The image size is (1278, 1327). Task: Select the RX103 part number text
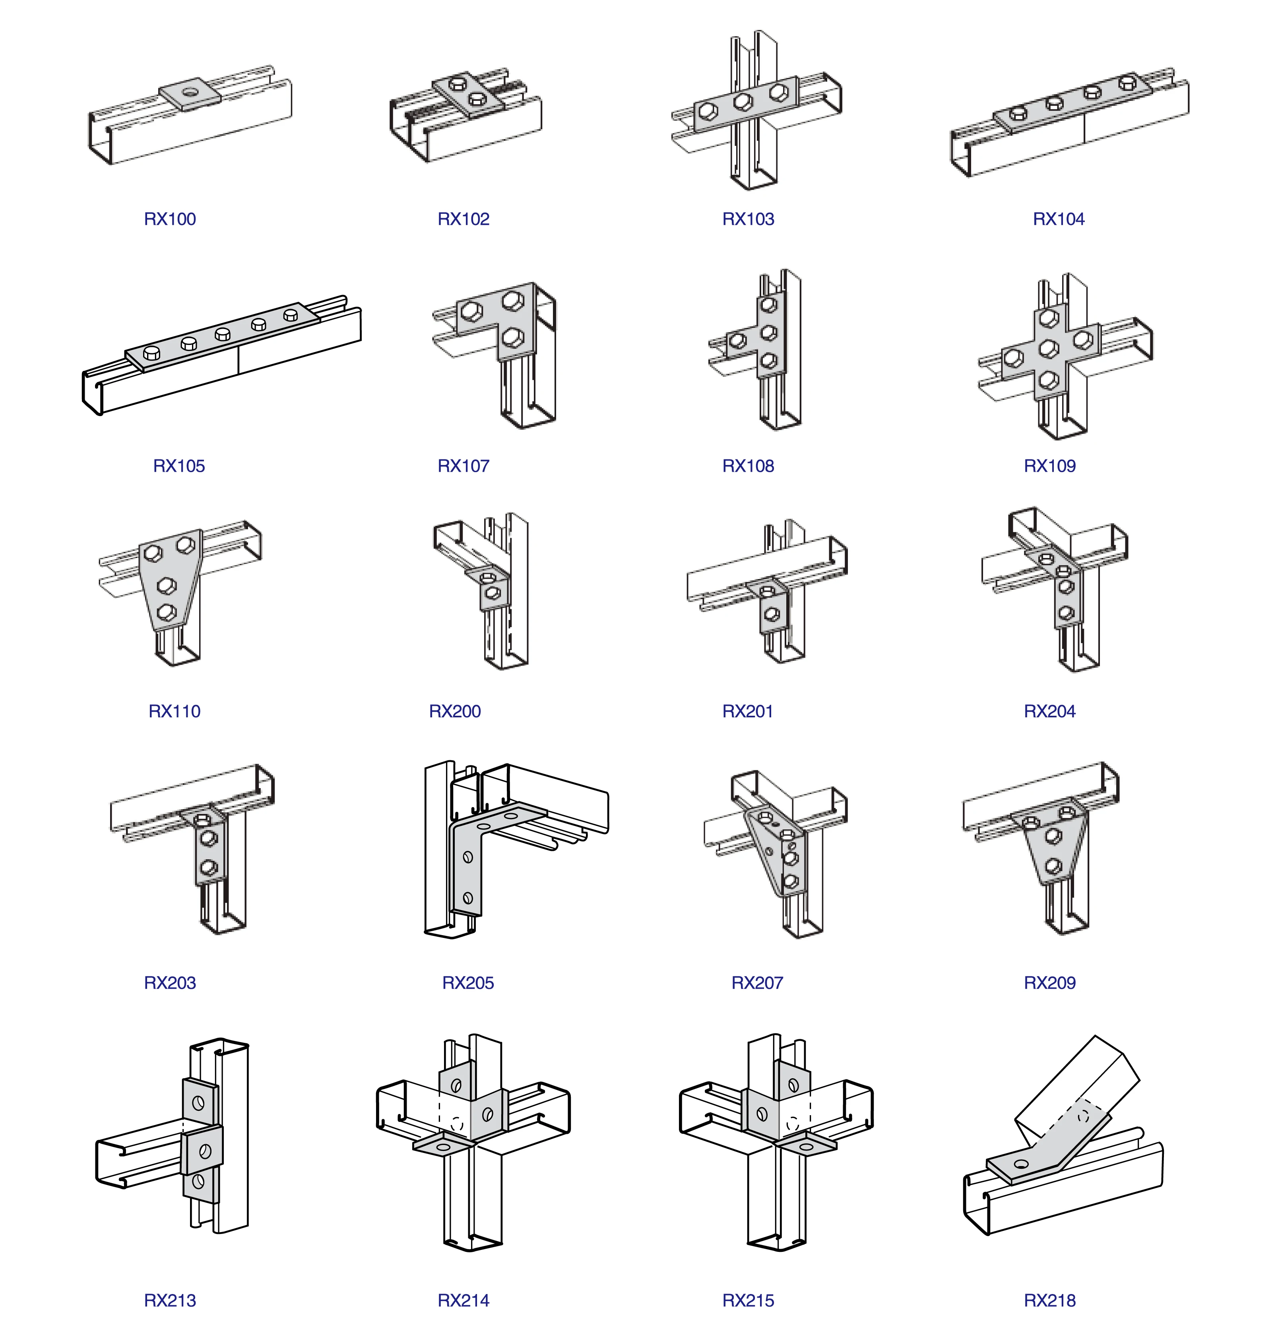(x=748, y=219)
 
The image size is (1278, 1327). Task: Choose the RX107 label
(x=463, y=466)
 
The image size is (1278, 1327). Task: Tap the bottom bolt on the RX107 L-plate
(x=514, y=337)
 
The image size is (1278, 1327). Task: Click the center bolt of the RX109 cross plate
(x=1048, y=349)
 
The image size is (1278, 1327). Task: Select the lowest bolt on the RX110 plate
(x=166, y=613)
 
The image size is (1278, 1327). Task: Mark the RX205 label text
(x=467, y=982)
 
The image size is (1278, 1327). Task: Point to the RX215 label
(x=748, y=1300)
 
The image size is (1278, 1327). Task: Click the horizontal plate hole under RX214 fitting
(x=442, y=1147)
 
